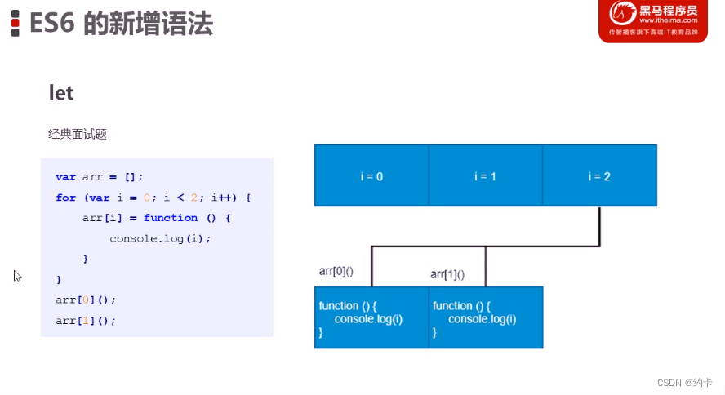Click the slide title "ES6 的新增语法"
(x=121, y=24)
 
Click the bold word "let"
(x=61, y=93)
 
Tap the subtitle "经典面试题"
(x=78, y=133)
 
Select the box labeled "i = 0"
(x=371, y=175)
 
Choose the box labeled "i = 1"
(x=485, y=175)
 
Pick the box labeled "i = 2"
(x=599, y=175)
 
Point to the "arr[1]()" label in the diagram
(x=447, y=274)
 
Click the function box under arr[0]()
(x=371, y=318)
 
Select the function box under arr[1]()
(x=486, y=318)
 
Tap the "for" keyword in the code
(x=65, y=197)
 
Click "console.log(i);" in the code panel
(x=160, y=238)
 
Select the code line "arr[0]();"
(x=86, y=300)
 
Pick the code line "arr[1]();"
(x=86, y=320)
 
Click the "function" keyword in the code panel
(x=171, y=218)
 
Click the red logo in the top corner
(x=652, y=21)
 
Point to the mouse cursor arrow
(x=17, y=276)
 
